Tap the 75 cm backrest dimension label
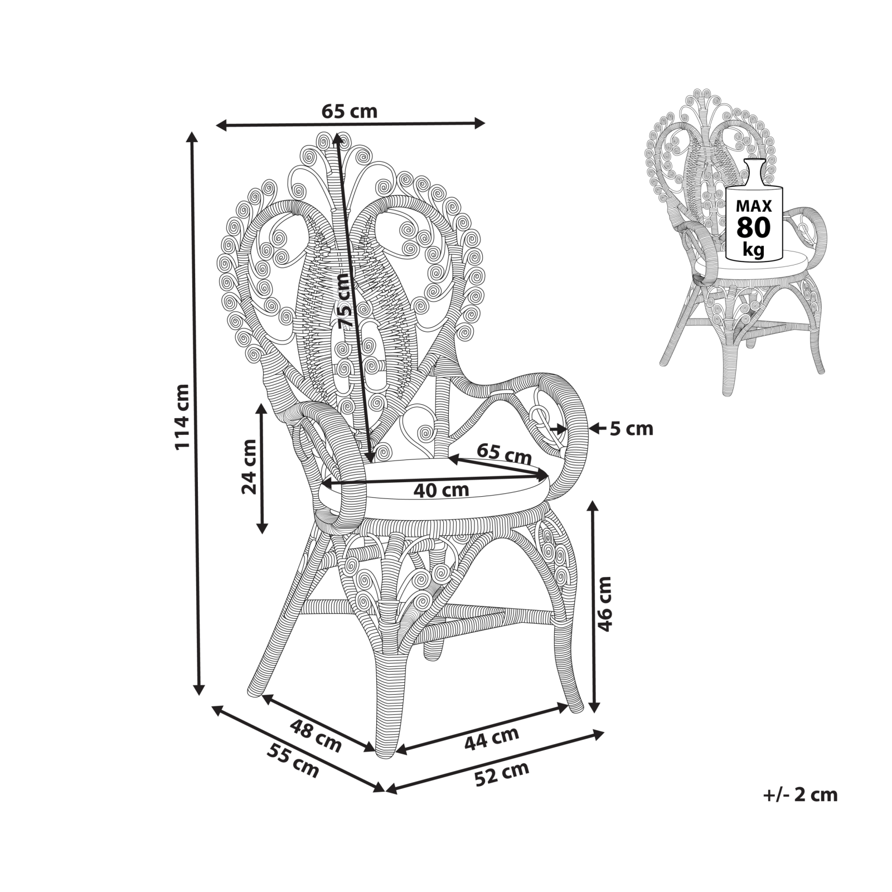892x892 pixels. pos(346,301)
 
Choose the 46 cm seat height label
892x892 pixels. pos(604,604)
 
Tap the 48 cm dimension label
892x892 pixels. pos(316,735)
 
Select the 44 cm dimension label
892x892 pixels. pos(491,739)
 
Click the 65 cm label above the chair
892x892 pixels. pos(350,111)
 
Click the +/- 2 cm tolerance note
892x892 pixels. pos(800,794)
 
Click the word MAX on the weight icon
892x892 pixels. pos(754,206)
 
